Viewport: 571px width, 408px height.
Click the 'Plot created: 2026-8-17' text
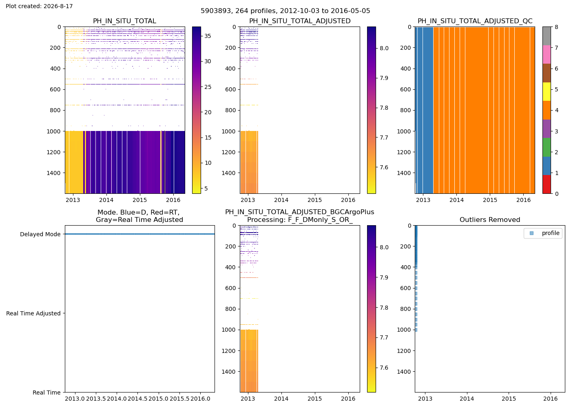tap(39, 6)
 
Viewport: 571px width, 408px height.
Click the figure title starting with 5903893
tap(285, 11)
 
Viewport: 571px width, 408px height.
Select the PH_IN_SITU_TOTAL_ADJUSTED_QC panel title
tap(475, 21)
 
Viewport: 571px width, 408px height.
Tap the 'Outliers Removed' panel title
tap(490, 220)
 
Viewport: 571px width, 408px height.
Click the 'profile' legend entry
tap(551, 233)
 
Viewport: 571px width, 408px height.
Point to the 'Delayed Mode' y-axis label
tap(40, 234)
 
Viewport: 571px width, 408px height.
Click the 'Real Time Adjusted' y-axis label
tap(33, 313)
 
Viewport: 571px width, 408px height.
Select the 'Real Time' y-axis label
tap(46, 392)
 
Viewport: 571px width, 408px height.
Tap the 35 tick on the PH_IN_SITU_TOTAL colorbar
tap(208, 36)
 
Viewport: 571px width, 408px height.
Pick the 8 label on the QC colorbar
tap(556, 27)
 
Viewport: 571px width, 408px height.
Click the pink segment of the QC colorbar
tap(547, 55)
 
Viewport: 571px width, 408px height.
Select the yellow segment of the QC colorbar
tap(547, 91)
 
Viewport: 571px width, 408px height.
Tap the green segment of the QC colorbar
tap(547, 147)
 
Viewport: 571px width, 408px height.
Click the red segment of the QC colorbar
tap(547, 184)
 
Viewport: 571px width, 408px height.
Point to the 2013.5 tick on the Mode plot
tap(96, 399)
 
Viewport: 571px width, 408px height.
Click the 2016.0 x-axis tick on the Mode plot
tap(200, 399)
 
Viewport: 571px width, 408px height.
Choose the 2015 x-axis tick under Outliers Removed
tap(509, 399)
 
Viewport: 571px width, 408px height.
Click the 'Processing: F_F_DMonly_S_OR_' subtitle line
tap(300, 220)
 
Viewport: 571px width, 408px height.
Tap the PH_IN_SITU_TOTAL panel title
tap(125, 21)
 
